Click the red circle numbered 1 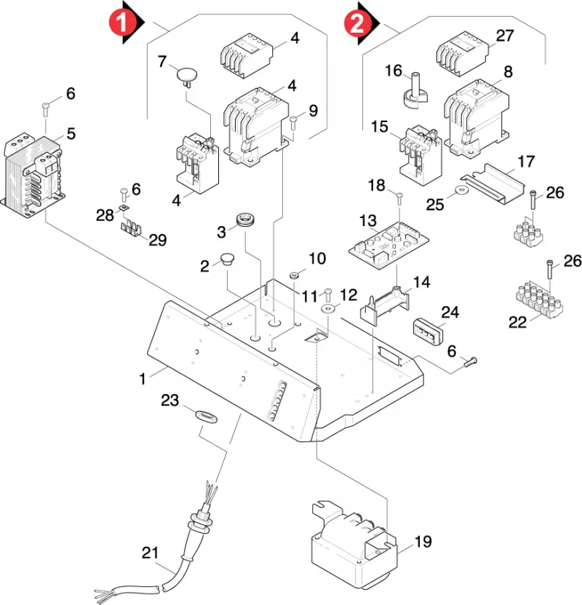[x=122, y=23]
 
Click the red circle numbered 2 [x=357, y=23]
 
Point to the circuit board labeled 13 [x=388, y=245]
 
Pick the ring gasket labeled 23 [x=207, y=417]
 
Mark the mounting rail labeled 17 [x=493, y=184]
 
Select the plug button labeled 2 [x=228, y=259]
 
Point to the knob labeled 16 [x=415, y=91]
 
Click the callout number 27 [x=505, y=36]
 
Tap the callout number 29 [x=157, y=240]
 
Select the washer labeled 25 [x=461, y=190]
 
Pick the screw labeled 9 [x=293, y=124]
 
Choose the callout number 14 [x=421, y=282]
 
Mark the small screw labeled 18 [x=399, y=199]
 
